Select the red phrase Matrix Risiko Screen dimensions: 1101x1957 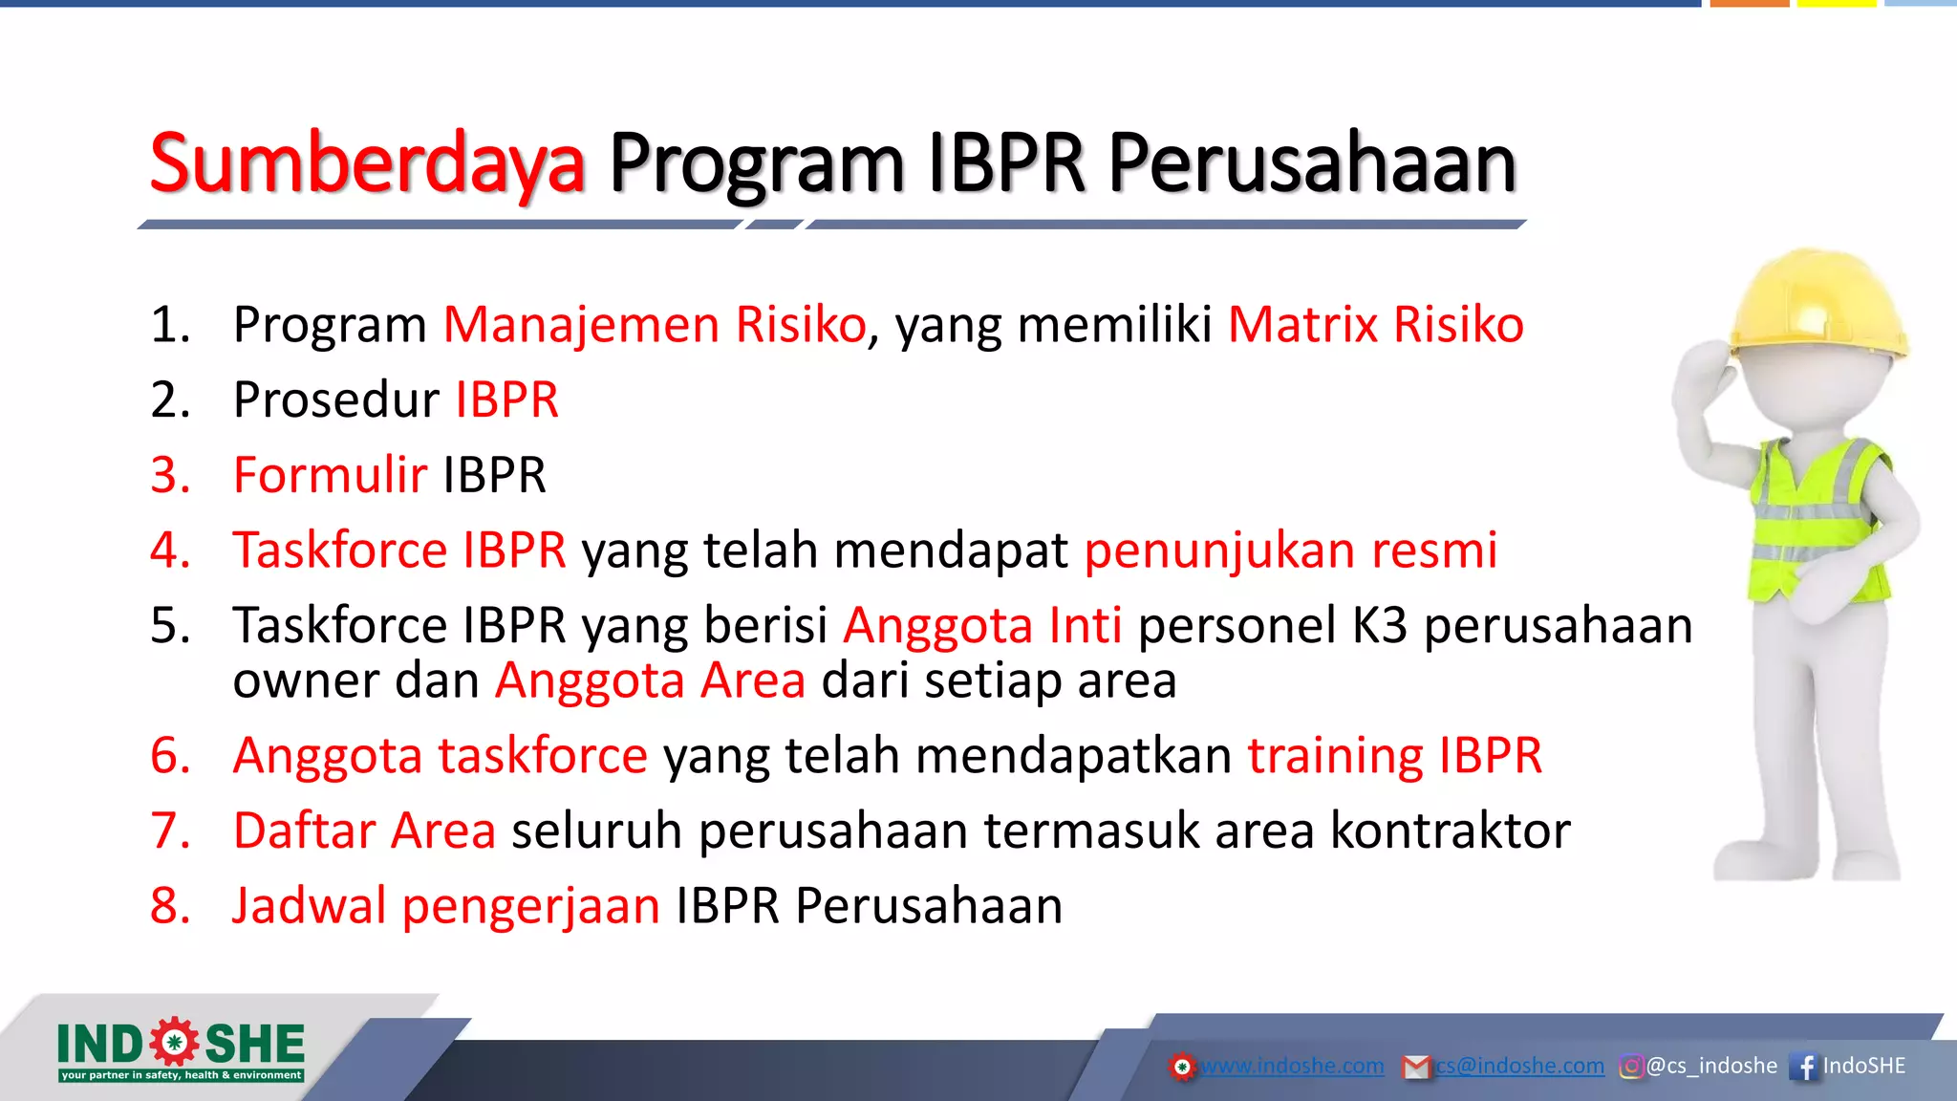[x=1375, y=325]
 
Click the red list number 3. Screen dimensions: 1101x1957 [x=170, y=475]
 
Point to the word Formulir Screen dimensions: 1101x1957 [x=330, y=475]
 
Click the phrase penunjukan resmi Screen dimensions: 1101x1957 [x=1290, y=551]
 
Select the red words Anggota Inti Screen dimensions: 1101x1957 [x=981, y=626]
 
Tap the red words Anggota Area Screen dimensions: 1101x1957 [x=650, y=681]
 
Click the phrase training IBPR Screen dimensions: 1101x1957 [x=1394, y=756]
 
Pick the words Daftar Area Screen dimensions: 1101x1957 [x=364, y=831]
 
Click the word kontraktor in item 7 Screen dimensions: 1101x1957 [x=1450, y=831]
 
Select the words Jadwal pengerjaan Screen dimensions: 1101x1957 [x=445, y=906]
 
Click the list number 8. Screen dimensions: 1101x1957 [x=170, y=906]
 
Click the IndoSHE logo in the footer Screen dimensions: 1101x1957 [x=181, y=1049]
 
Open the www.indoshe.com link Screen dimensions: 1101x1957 [x=1291, y=1066]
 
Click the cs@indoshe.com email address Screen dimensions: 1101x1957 [x=1519, y=1066]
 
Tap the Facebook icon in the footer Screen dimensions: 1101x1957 [x=1805, y=1067]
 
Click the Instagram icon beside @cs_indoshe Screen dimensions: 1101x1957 [x=1631, y=1067]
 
